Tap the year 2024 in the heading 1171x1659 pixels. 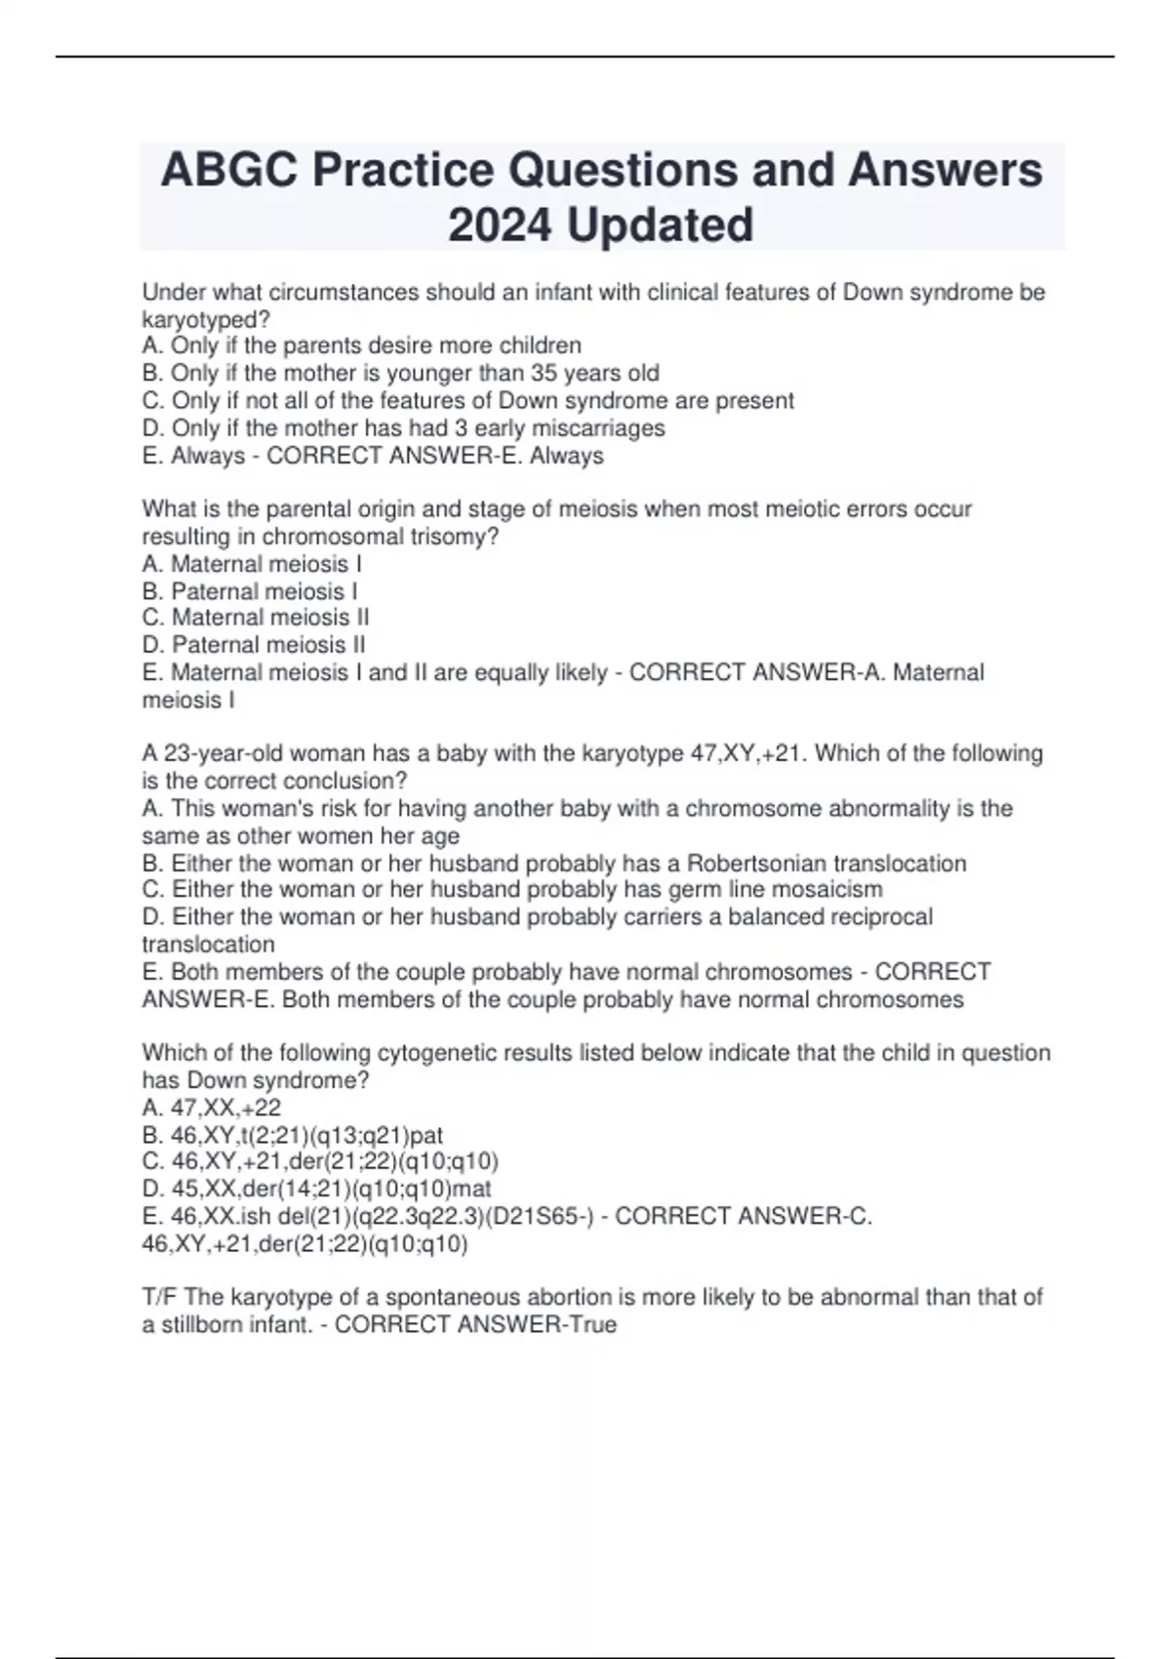point(500,225)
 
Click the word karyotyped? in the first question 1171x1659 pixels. point(206,319)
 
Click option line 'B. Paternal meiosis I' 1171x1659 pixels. point(250,591)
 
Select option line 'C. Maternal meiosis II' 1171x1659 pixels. point(256,618)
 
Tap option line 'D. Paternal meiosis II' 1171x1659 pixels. point(254,645)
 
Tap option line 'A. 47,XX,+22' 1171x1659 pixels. point(212,1108)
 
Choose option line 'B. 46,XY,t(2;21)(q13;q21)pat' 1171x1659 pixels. point(293,1135)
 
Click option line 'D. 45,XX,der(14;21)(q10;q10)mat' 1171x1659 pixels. point(316,1190)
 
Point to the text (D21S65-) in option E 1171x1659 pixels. point(545,1217)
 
